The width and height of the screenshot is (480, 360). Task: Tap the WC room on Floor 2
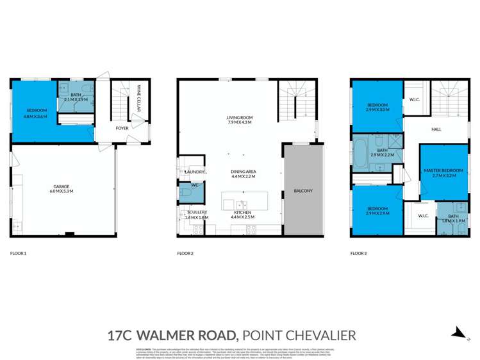click(x=188, y=190)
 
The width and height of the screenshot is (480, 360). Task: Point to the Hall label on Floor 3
click(x=436, y=129)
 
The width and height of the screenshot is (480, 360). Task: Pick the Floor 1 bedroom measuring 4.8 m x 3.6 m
click(x=33, y=114)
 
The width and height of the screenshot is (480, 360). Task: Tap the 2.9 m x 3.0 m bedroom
click(x=377, y=106)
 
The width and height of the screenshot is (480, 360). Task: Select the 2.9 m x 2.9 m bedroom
click(x=377, y=211)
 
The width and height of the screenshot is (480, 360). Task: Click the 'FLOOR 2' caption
click(x=185, y=254)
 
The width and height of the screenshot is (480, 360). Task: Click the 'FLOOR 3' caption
click(x=359, y=254)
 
